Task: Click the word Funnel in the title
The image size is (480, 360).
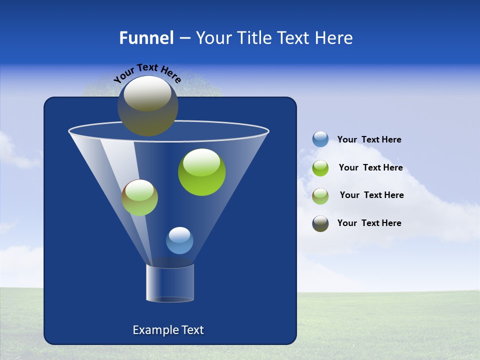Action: pos(146,38)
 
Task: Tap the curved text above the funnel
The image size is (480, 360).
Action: pos(147,72)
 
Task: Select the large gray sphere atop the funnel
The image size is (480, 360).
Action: pos(148,105)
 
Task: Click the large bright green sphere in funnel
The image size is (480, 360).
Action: pos(202,172)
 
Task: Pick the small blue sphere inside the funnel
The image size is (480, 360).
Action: pos(179,240)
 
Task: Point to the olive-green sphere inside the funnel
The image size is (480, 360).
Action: pos(140,197)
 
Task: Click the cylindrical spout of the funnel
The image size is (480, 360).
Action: pos(169,283)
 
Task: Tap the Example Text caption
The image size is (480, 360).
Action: pos(168,330)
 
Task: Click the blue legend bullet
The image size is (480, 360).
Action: pos(320,139)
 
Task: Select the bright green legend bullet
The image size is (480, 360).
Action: pos(320,168)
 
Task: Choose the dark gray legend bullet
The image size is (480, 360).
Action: pos(320,223)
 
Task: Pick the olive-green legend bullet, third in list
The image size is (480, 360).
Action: pos(320,196)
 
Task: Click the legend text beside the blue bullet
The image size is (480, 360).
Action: pos(369,140)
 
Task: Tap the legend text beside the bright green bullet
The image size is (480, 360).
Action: pos(370,168)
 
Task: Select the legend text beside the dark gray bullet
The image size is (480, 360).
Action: pos(369,223)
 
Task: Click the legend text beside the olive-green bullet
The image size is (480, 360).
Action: pos(371,195)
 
